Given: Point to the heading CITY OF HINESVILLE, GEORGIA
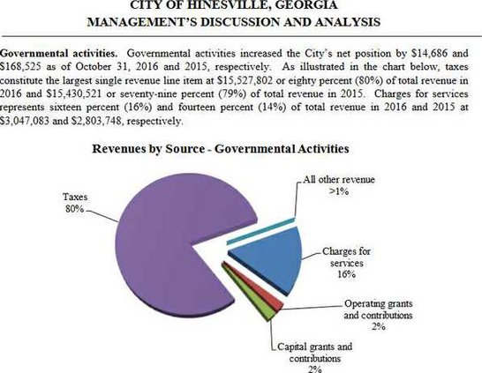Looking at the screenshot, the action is click(240, 6).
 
